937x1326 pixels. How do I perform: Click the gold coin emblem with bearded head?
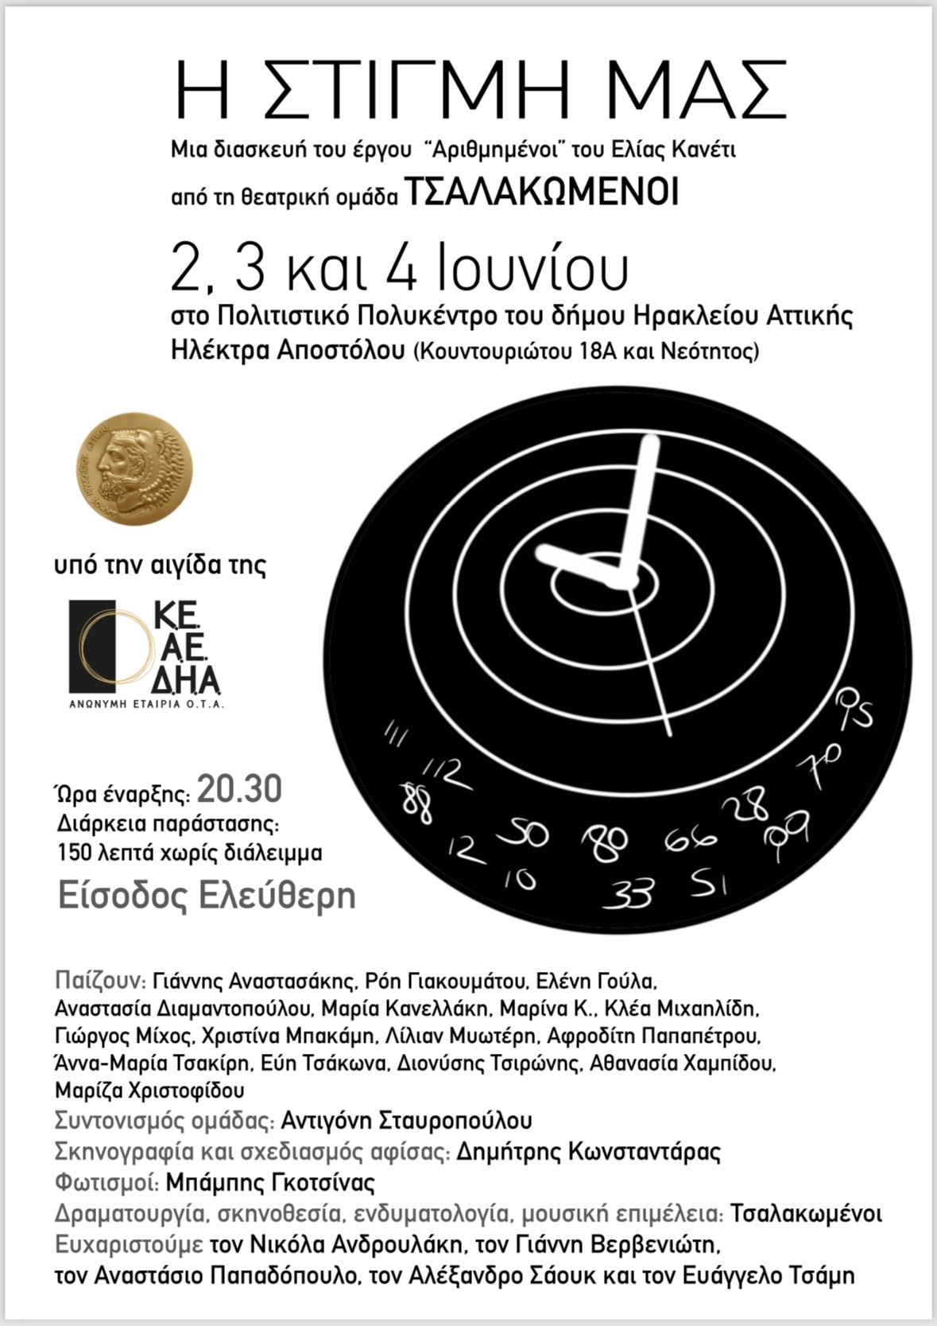pyautogui.click(x=134, y=469)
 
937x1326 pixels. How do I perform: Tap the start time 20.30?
pyautogui.click(x=239, y=790)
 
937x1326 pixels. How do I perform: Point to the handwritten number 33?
pyautogui.click(x=629, y=893)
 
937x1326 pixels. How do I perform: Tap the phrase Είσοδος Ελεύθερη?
pyautogui.click(x=207, y=896)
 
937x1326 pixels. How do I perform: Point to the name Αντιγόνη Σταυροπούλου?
pyautogui.click(x=406, y=1120)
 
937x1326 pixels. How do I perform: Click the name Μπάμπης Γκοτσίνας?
pyautogui.click(x=270, y=1182)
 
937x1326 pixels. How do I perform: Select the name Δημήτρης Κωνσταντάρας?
pyautogui.click(x=589, y=1151)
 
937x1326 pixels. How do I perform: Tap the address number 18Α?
pyautogui.click(x=601, y=351)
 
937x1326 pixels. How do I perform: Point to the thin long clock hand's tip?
pyautogui.click(x=669, y=732)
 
